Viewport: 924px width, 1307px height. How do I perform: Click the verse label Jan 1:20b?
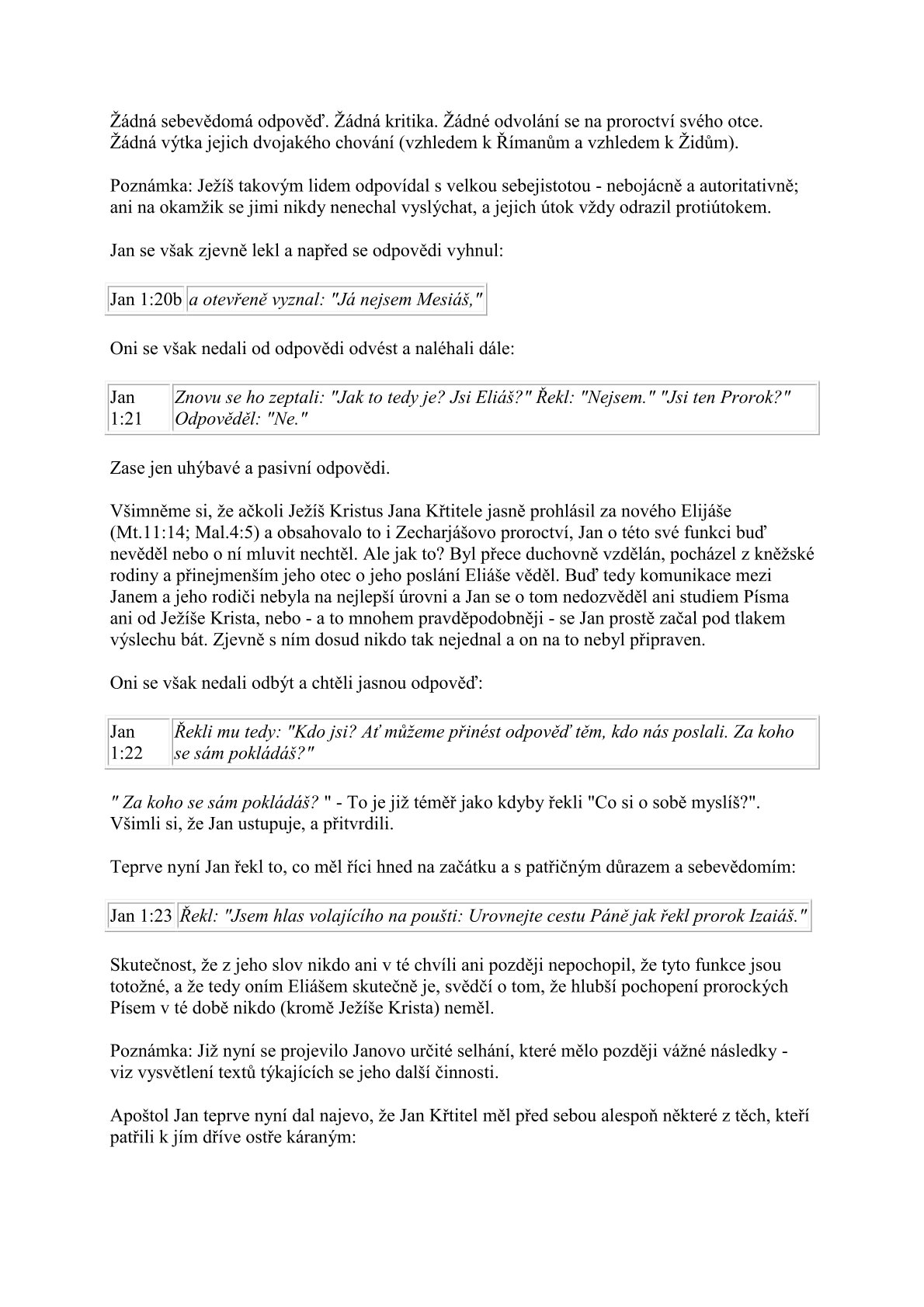click(x=146, y=300)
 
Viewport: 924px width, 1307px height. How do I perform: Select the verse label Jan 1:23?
click(x=141, y=916)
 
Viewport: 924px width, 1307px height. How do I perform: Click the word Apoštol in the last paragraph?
click(x=137, y=1117)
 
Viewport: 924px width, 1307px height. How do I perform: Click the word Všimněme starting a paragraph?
click(x=147, y=512)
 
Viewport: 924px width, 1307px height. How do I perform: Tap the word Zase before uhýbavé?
click(x=127, y=468)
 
